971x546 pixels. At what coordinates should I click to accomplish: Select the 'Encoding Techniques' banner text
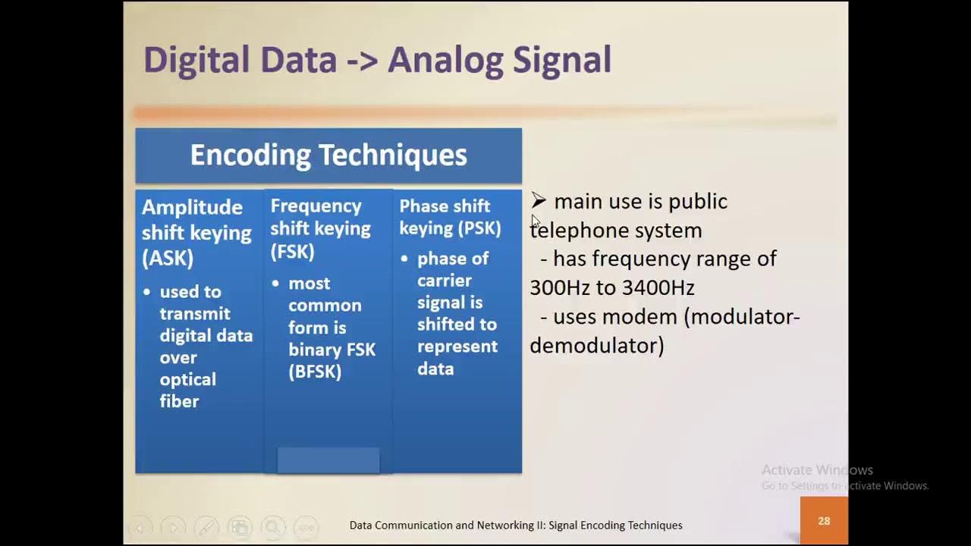328,155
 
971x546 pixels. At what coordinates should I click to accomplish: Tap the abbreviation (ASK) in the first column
168,258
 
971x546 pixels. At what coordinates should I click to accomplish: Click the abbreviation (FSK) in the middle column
292,251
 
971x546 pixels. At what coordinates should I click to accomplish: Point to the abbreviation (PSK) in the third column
479,228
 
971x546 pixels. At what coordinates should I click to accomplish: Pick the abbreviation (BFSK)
315,372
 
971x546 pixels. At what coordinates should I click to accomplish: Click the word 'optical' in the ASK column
187,379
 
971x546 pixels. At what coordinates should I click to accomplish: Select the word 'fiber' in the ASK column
179,401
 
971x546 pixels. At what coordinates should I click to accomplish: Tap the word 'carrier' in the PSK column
444,281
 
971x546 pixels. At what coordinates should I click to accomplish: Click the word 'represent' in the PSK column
457,347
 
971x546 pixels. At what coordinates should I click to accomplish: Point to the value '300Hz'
560,287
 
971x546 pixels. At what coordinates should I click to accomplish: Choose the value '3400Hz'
658,287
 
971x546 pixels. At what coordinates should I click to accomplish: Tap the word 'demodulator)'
596,346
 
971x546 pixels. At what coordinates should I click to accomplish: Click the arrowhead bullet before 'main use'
539,201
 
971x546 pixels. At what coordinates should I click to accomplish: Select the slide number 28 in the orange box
824,521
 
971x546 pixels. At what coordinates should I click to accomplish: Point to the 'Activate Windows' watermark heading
817,470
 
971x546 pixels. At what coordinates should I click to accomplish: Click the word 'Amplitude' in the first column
192,208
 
